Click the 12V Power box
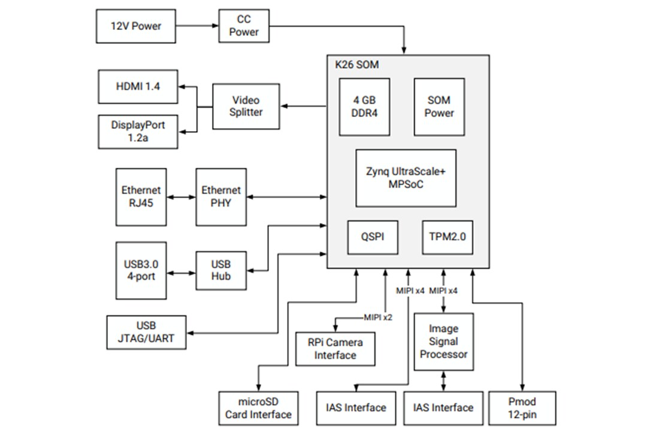coord(136,26)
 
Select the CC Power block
coord(244,26)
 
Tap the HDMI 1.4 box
coord(138,86)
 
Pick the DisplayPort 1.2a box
coord(138,132)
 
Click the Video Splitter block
coord(246,106)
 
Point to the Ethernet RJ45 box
coord(141,197)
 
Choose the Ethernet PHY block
coord(221,197)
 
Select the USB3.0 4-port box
coord(141,270)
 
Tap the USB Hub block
coord(221,270)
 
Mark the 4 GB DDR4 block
coord(364,107)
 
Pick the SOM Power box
coord(439,107)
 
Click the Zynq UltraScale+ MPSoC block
coord(406,178)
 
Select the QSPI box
coord(374,237)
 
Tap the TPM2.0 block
coord(447,237)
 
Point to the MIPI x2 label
coord(378,317)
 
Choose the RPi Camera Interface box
coord(335,349)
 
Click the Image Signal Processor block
coord(443,342)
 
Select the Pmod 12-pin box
coord(522,408)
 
